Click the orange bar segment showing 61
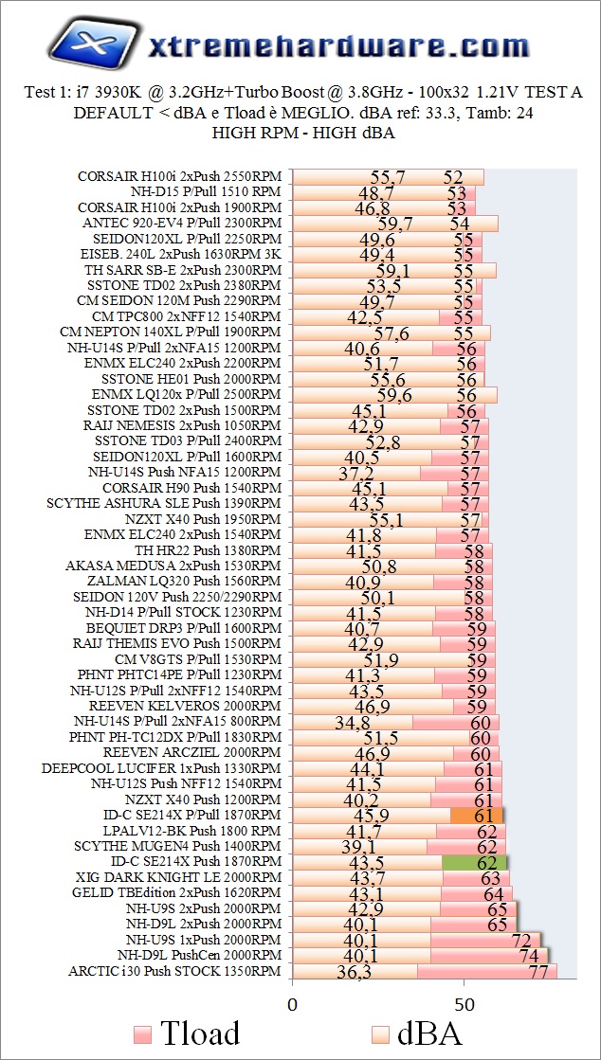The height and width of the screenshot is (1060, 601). click(477, 815)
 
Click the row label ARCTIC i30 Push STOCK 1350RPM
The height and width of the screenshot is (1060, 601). click(174, 971)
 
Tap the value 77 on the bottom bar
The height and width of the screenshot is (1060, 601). click(538, 972)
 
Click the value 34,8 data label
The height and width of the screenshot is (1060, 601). click(353, 722)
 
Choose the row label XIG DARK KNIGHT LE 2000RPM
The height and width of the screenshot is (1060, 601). click(177, 877)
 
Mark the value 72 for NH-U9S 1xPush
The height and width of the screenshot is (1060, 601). click(521, 940)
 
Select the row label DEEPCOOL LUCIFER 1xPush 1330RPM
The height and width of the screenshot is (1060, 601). click(161, 768)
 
